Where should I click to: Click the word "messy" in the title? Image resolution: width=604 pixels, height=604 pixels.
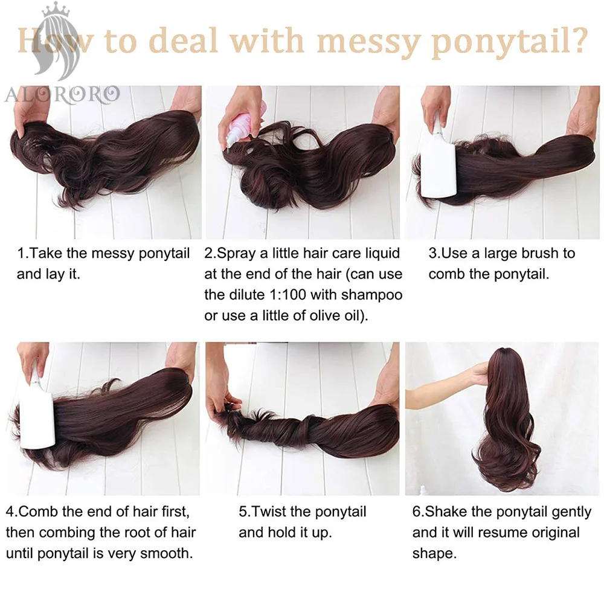click(368, 42)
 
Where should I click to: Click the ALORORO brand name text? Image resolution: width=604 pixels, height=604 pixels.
click(62, 95)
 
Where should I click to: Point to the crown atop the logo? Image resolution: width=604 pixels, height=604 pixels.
click(56, 9)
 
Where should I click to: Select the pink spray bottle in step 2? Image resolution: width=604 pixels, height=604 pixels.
click(245, 124)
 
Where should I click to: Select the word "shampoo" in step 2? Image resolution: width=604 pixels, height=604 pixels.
click(371, 295)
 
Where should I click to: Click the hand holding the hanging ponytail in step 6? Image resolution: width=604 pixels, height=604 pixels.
click(480, 374)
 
